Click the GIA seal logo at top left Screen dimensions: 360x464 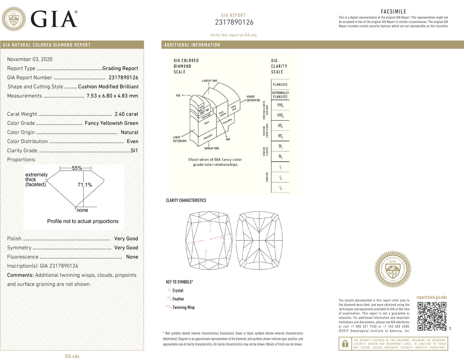[x=13, y=19]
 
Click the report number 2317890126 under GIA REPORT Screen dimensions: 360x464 [x=234, y=22]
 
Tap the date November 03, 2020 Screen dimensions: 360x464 [x=30, y=59]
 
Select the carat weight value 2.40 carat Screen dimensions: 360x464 [x=126, y=114]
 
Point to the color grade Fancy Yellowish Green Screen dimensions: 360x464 [x=111, y=123]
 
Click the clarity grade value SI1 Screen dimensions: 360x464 [x=134, y=150]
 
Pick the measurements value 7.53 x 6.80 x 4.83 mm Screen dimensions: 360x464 [x=112, y=96]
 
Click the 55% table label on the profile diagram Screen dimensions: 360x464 [x=77, y=168]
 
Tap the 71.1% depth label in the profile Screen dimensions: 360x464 [x=85, y=185]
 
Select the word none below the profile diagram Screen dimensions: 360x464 [x=82, y=210]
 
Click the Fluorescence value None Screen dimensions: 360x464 [x=132, y=257]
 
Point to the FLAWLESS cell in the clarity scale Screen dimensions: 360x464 [x=280, y=85]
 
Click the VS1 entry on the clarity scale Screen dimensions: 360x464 [x=280, y=126]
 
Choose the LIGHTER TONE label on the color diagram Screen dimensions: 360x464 [x=209, y=81]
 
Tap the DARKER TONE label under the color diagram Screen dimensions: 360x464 [x=212, y=148]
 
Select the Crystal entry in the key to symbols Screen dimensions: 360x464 [x=178, y=291]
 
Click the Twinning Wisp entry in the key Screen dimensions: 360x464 [x=183, y=308]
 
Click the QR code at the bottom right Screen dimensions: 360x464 [x=432, y=316]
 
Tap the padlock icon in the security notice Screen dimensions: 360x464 [x=345, y=344]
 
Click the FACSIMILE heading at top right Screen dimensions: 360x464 [x=393, y=12]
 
